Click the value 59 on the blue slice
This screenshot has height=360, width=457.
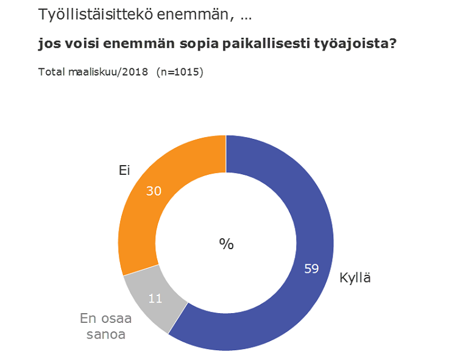pos(311,269)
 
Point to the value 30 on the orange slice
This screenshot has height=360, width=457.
pos(154,191)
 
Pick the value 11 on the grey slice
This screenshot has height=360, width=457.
pos(155,298)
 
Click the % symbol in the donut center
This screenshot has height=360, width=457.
pos(226,244)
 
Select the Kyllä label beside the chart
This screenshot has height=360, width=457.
pos(355,278)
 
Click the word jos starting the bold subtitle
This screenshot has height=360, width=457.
pos(49,44)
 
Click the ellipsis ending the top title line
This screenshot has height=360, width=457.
pos(246,18)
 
